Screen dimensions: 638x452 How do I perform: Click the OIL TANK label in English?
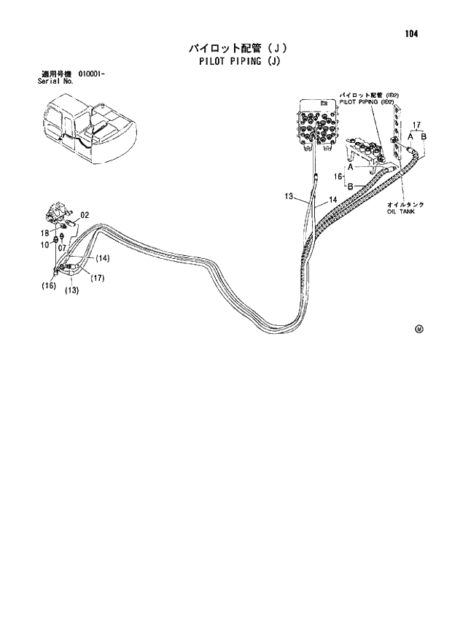(401, 212)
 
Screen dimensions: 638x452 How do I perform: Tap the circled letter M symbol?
(418, 329)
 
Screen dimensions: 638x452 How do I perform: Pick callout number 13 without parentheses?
(289, 196)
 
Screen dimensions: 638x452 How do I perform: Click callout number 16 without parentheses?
(338, 176)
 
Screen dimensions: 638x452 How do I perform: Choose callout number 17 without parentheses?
(416, 125)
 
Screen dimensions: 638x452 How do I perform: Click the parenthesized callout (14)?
(101, 258)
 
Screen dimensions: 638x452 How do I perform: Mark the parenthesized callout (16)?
(48, 286)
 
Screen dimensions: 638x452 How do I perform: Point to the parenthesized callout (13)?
(71, 290)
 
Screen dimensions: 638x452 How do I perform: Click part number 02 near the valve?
(85, 215)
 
